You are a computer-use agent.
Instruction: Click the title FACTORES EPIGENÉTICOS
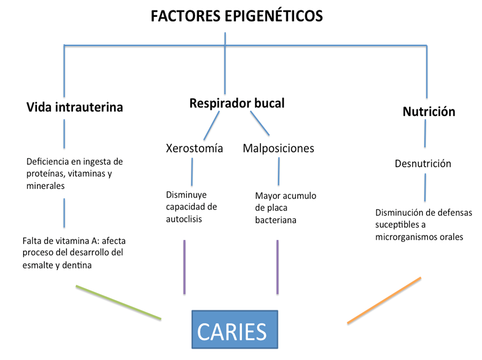pos(236,16)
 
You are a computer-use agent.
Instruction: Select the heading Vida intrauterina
pos(75,107)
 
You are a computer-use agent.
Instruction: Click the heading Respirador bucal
pos(237,103)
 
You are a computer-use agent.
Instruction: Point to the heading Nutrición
pos(429,111)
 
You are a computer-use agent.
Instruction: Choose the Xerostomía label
pos(194,148)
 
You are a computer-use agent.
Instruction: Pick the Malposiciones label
pos(278,148)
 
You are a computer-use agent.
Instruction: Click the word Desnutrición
pos(423,164)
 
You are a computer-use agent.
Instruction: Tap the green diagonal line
pos(118,302)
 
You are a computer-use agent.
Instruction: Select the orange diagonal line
pos(384,300)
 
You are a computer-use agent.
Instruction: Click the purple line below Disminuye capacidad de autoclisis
pos(184,267)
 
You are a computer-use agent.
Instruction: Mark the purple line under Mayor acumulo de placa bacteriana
pos(277,267)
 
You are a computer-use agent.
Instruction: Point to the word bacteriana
pos(275,220)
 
